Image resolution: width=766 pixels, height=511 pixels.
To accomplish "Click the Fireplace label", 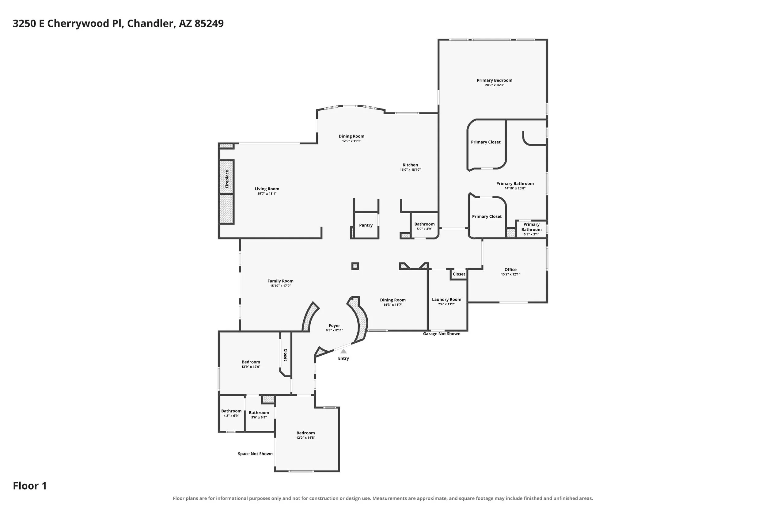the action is pyautogui.click(x=227, y=179).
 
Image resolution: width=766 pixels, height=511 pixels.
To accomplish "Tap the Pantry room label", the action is pyautogui.click(x=366, y=225).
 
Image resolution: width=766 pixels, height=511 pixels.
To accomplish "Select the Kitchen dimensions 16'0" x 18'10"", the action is pyautogui.click(x=410, y=170).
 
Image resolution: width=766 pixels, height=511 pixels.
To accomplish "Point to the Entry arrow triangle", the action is pyautogui.click(x=343, y=351).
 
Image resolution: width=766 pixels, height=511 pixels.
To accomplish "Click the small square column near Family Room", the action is pyautogui.click(x=355, y=266).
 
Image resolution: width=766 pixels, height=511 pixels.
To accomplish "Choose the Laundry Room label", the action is pyautogui.click(x=446, y=299).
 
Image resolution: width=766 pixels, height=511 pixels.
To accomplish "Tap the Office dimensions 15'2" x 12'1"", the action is pyautogui.click(x=510, y=274).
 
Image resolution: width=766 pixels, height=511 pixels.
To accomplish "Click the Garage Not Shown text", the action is pyautogui.click(x=442, y=334).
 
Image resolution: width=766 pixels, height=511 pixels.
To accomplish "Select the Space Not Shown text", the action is pyautogui.click(x=255, y=454).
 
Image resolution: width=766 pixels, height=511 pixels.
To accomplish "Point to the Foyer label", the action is pyautogui.click(x=335, y=326).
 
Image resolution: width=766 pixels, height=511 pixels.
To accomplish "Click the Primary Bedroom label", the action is pyautogui.click(x=495, y=80).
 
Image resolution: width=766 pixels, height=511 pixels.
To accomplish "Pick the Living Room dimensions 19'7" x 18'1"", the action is pyautogui.click(x=267, y=194).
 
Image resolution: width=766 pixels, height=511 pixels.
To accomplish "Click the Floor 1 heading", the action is pyautogui.click(x=30, y=486).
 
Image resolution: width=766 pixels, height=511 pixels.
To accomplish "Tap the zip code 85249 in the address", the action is pyautogui.click(x=209, y=24).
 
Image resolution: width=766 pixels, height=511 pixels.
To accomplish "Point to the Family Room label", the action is pyautogui.click(x=280, y=281).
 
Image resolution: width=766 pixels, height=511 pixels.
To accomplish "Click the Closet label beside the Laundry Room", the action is pyautogui.click(x=459, y=274).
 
